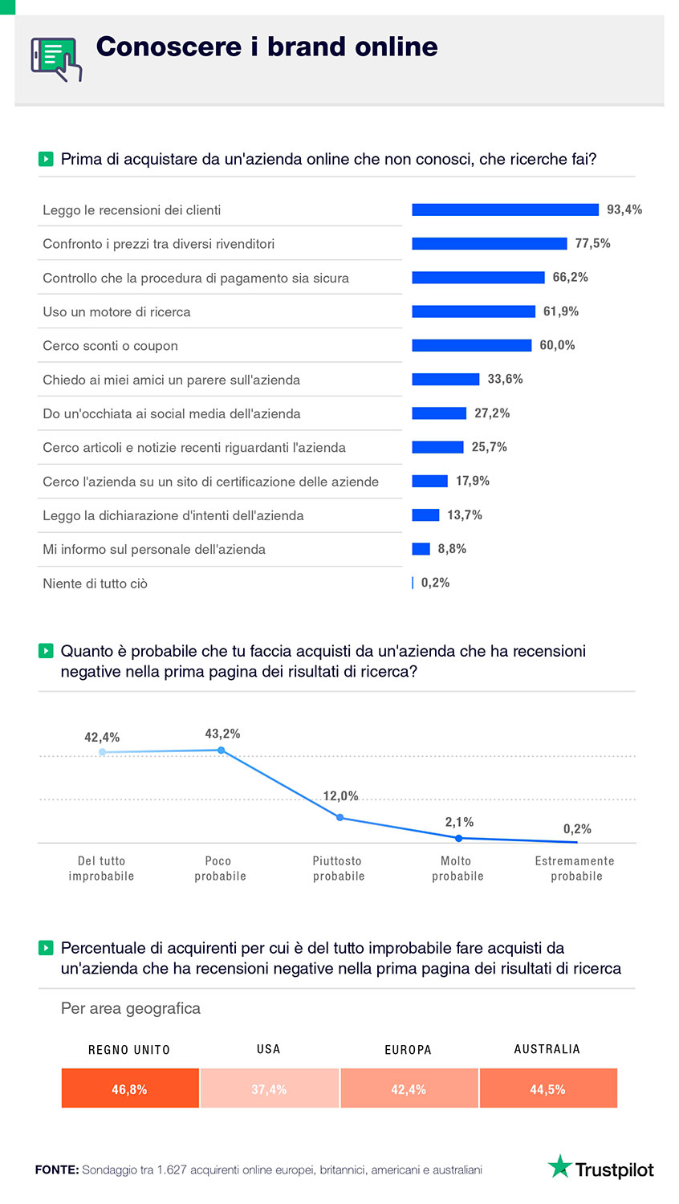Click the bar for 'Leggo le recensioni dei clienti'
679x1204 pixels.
click(505, 209)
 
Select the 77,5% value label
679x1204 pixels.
click(592, 243)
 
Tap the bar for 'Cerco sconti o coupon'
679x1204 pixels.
click(471, 345)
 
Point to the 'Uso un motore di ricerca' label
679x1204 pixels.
click(116, 312)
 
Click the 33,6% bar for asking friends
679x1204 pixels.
click(445, 379)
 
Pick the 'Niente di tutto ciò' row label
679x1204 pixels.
click(95, 584)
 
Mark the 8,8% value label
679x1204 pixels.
click(452, 549)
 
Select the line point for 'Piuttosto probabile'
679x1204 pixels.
click(340, 818)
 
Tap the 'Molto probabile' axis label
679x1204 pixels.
click(457, 868)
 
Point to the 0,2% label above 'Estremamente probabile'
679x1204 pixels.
click(577, 829)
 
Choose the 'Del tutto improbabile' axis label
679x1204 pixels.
click(101, 868)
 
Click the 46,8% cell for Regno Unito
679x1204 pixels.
click(130, 1088)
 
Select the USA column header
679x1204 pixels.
click(269, 1049)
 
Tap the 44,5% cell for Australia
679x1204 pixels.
click(548, 1088)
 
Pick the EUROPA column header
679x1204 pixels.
click(408, 1050)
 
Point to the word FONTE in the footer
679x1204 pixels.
click(56, 1170)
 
